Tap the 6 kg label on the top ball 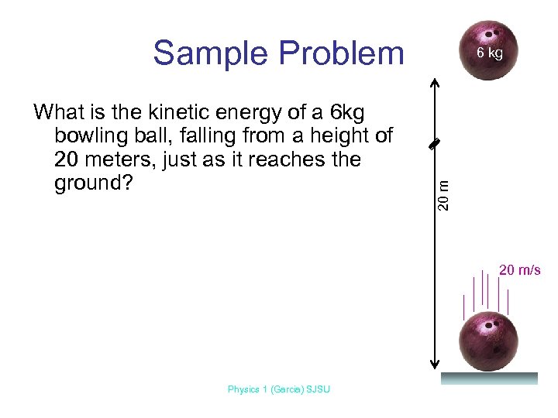coord(490,53)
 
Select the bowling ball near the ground coord(489,341)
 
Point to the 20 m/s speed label coord(519,270)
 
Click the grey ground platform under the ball coord(489,379)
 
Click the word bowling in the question coord(85,137)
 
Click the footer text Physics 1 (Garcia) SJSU coord(278,389)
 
